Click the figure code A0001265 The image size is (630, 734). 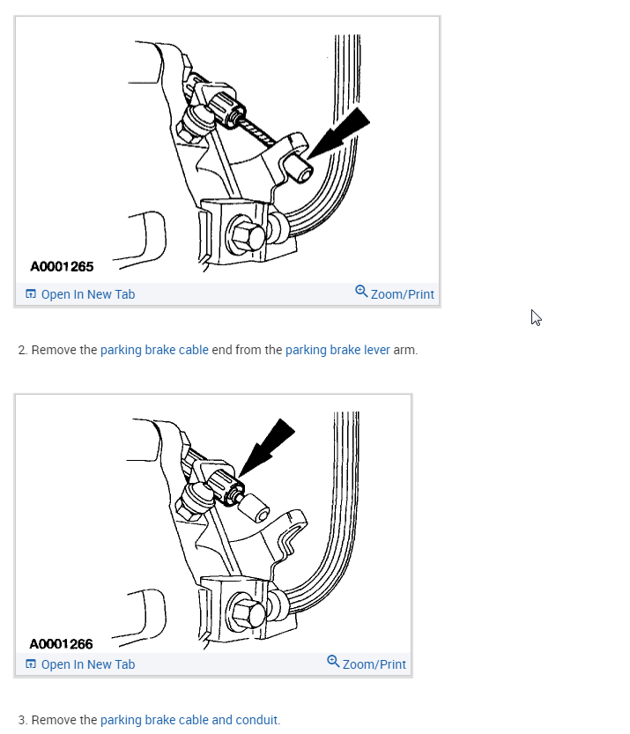[x=62, y=266]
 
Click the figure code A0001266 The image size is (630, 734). [x=61, y=644]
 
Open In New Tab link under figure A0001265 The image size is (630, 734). [x=87, y=294]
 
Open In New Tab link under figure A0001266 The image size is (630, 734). [x=87, y=664]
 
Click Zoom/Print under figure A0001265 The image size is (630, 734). [x=402, y=294]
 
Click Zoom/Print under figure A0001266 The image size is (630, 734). [x=374, y=664]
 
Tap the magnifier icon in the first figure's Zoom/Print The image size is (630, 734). [x=361, y=292]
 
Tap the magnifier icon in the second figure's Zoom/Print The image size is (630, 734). [x=333, y=662]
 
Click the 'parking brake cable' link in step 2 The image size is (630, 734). [x=154, y=350]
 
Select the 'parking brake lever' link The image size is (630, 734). [x=337, y=350]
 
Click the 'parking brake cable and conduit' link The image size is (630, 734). [x=189, y=720]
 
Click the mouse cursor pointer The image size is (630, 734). [x=536, y=318]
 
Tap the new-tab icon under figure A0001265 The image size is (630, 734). [x=31, y=294]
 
